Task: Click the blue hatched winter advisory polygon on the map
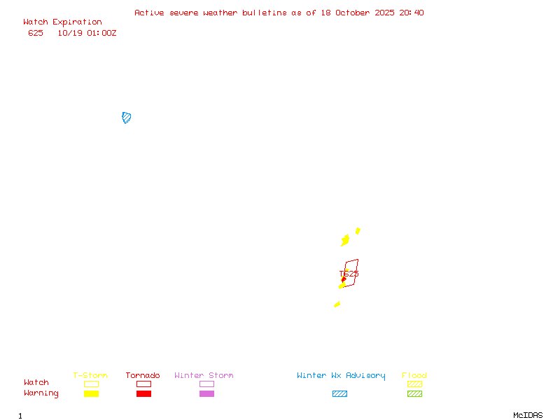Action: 127,118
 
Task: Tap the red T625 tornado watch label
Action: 349,274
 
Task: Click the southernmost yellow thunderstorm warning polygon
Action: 337,304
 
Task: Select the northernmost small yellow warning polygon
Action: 358,230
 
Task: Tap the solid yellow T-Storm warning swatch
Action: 91,393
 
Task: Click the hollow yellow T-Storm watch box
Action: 91,384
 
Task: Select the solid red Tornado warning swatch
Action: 143,393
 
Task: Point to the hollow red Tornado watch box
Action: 143,384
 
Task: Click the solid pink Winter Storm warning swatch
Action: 206,393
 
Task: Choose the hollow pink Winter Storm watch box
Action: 206,384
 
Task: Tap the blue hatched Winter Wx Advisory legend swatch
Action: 339,393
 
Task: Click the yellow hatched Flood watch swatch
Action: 414,384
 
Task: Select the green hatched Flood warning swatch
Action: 414,393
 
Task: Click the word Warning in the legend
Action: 41,393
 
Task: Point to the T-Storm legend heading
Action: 90,376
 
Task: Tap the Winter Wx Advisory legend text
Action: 341,376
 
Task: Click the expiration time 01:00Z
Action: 101,33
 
